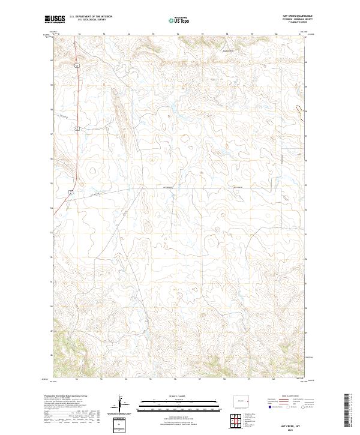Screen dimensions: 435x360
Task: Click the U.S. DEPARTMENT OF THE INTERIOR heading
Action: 91,17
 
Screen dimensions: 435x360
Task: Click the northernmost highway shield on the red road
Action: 77,65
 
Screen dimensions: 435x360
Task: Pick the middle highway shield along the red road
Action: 77,128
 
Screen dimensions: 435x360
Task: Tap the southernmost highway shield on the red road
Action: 70,192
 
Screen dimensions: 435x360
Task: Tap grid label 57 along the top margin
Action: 202,34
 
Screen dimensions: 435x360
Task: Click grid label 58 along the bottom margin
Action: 224,379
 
